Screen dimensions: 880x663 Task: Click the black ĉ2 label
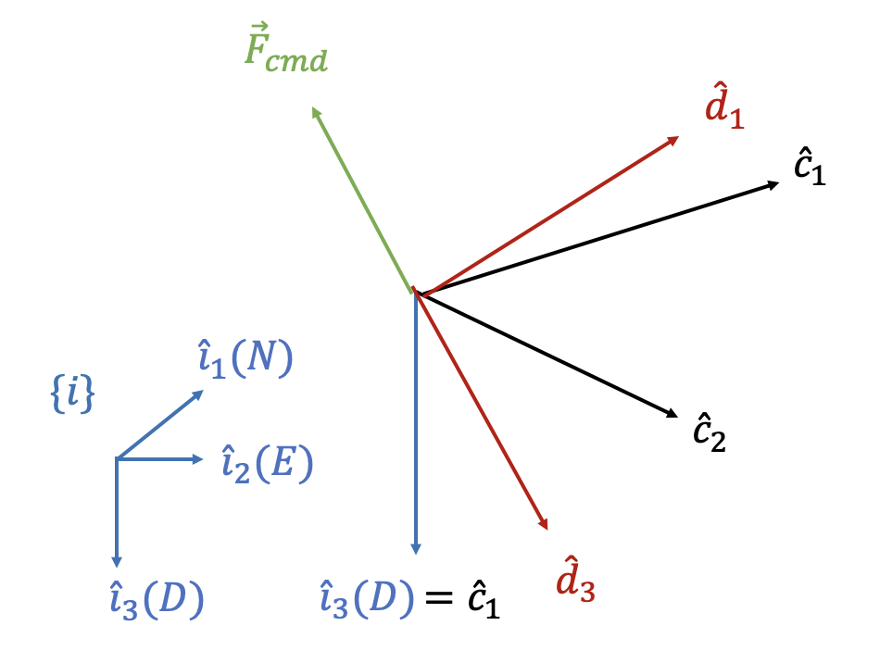coord(709,431)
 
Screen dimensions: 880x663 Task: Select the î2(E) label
coord(267,463)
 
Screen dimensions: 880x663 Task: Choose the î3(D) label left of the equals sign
coord(366,600)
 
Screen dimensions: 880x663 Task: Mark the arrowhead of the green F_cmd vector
coord(316,112)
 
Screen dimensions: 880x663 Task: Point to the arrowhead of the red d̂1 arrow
coord(674,139)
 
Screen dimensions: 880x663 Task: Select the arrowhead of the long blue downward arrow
coord(416,549)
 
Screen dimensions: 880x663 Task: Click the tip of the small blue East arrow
coord(199,458)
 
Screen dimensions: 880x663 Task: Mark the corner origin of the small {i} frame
coord(117,458)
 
